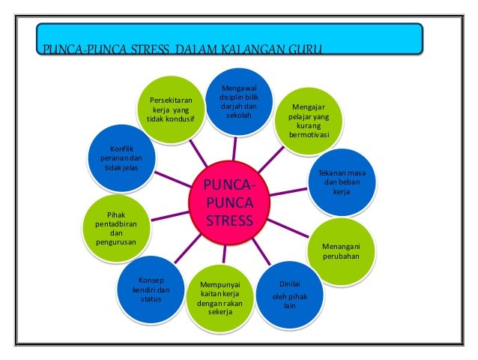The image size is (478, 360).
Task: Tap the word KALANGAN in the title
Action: click(248, 51)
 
